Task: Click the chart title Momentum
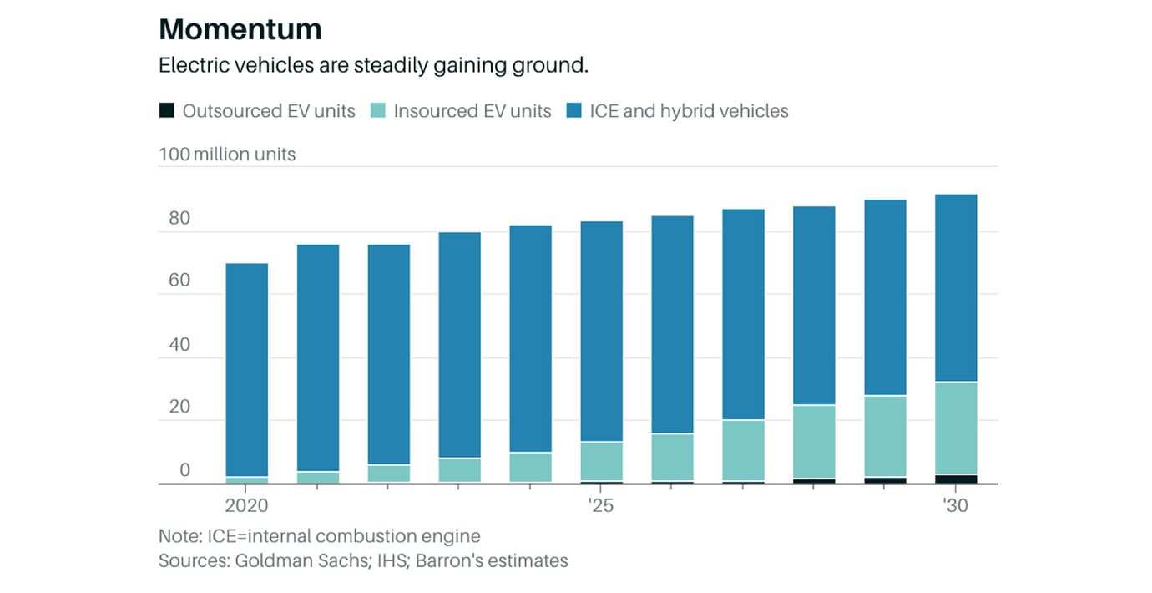(x=240, y=29)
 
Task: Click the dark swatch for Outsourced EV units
(x=167, y=110)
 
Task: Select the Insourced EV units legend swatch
(x=378, y=110)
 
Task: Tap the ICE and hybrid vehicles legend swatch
(x=574, y=110)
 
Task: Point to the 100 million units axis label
(x=227, y=155)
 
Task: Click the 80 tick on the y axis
(x=179, y=219)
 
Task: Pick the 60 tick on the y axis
(x=179, y=281)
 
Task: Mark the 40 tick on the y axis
(x=179, y=344)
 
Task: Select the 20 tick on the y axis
(x=179, y=408)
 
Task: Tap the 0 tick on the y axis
(x=185, y=470)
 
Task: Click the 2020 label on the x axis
(x=246, y=506)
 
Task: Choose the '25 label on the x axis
(x=600, y=506)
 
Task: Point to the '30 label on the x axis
(x=955, y=506)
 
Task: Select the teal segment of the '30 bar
(x=955, y=428)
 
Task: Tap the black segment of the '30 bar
(x=955, y=479)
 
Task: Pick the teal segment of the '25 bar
(x=601, y=461)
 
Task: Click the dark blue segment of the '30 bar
(x=955, y=288)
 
